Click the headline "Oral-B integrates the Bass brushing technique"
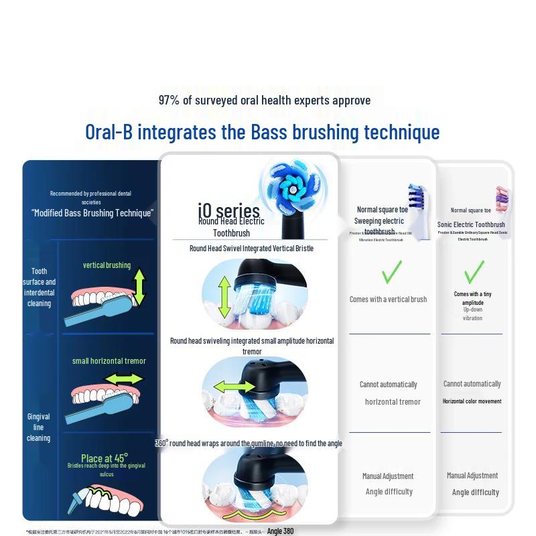pyautogui.click(x=263, y=131)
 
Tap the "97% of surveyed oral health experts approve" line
pyautogui.click(x=265, y=100)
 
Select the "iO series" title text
pyautogui.click(x=228, y=210)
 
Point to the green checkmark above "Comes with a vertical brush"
pyautogui.click(x=391, y=271)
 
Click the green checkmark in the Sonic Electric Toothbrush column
pyautogui.click(x=473, y=271)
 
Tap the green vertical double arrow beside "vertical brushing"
pyautogui.click(x=139, y=286)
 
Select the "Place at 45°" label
pyautogui.click(x=105, y=458)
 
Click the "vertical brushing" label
pyautogui.click(x=107, y=265)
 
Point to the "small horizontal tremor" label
pyautogui.click(x=109, y=361)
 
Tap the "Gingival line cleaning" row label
pyautogui.click(x=38, y=427)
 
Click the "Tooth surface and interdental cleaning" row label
pyautogui.click(x=40, y=287)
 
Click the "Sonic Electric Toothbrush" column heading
pyautogui.click(x=471, y=224)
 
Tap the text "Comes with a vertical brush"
pyautogui.click(x=388, y=299)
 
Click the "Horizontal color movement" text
pyautogui.click(x=472, y=401)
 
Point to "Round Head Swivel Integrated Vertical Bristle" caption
pyautogui.click(x=251, y=249)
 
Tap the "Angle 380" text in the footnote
pyautogui.click(x=280, y=531)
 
